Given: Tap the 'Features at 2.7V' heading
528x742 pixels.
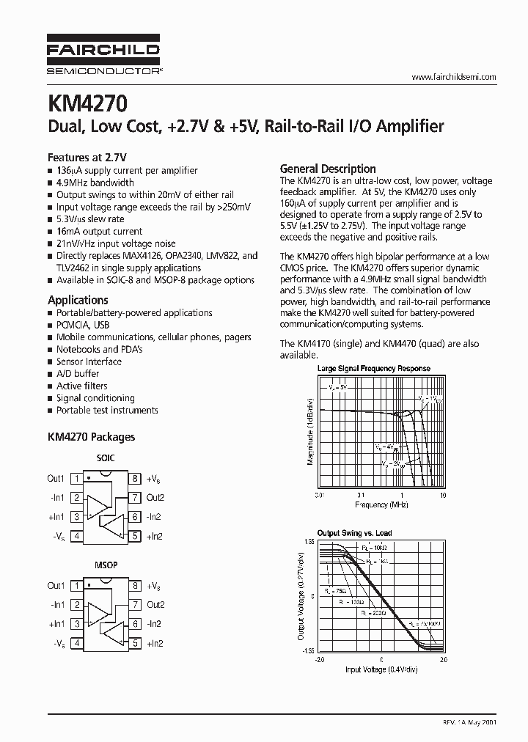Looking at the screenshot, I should (x=87, y=157).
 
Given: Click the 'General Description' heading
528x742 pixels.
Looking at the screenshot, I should (x=328, y=169).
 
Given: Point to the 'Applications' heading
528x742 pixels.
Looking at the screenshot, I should (x=78, y=300).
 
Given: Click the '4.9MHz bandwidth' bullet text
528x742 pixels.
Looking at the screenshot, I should (x=95, y=183).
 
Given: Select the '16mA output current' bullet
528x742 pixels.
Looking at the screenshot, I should (x=99, y=231).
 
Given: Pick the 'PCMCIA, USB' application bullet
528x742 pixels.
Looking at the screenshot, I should (x=83, y=325).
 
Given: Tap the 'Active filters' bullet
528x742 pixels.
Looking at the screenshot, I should (x=81, y=386).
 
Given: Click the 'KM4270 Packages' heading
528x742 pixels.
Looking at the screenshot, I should (x=91, y=436).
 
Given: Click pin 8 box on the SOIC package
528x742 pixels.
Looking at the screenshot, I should (x=135, y=479).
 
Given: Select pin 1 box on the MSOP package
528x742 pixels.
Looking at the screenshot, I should (x=76, y=586).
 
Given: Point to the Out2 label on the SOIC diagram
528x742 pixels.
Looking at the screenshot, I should (x=155, y=498).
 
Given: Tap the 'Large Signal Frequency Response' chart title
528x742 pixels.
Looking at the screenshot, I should (x=373, y=368).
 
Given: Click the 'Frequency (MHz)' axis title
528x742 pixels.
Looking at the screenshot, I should (x=381, y=505).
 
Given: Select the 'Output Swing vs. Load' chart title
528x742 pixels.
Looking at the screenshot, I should (x=353, y=533).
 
